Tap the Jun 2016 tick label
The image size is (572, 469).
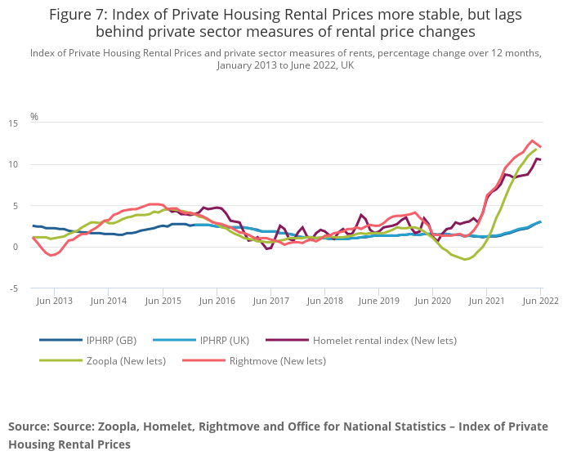coord(217,301)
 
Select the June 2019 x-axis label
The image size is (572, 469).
coord(378,301)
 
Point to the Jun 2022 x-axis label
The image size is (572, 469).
coord(540,301)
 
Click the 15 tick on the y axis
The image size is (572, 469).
coord(12,123)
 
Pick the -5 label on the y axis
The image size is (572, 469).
coord(12,288)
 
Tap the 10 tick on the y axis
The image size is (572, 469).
coord(12,164)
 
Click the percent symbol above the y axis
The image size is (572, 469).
coord(34,117)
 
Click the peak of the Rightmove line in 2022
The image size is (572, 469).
coord(532,141)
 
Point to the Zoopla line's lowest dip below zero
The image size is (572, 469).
coord(465,259)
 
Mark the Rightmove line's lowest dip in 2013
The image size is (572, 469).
coord(51,255)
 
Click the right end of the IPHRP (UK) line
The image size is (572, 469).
coord(540,221)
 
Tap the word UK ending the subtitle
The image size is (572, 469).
coord(347,65)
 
